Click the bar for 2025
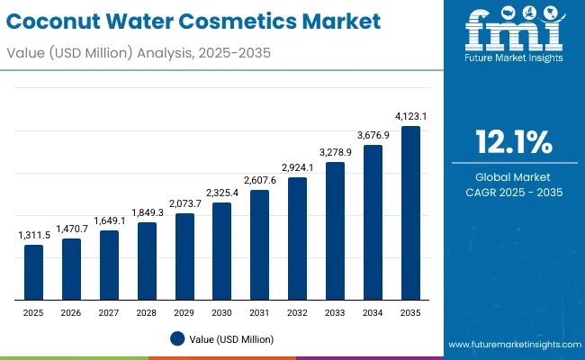[x=33, y=272]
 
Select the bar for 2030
[x=221, y=251]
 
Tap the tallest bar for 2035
[x=410, y=212]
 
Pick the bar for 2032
[x=297, y=238]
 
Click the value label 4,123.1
[x=410, y=116]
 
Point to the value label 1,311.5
[x=33, y=235]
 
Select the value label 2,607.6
[x=259, y=180]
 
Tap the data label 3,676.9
[x=373, y=135]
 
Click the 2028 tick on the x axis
[x=147, y=311]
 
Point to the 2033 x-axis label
[x=335, y=311]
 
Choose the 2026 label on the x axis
[x=71, y=311]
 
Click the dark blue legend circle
[x=177, y=338]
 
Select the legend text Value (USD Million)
[x=231, y=339]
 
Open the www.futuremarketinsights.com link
[x=513, y=345]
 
